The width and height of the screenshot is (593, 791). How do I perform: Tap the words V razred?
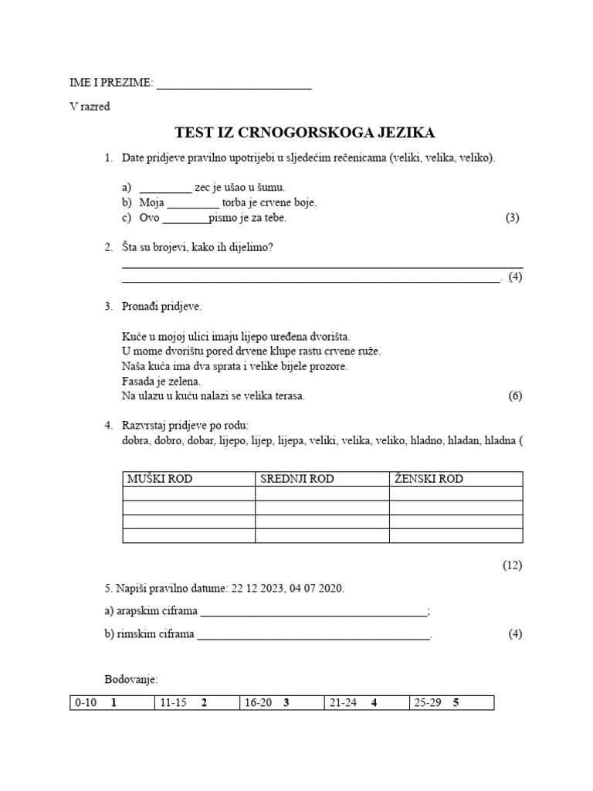coord(90,107)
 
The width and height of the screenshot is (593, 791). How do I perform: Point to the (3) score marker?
coord(513,218)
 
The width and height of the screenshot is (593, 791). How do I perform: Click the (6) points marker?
coord(515,396)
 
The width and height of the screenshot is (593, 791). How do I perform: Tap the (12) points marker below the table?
coord(513,565)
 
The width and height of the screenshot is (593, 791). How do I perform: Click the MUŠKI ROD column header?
coord(160,479)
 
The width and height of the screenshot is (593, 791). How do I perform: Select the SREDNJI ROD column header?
coord(297,479)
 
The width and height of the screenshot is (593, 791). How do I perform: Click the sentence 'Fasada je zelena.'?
coord(161,382)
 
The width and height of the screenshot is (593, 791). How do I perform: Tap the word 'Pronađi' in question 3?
coord(141,307)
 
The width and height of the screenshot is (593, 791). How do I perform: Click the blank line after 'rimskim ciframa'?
coord(313,637)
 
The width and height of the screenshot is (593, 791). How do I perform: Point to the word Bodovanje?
coord(131,680)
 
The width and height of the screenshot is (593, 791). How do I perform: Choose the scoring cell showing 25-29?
coord(452,703)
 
